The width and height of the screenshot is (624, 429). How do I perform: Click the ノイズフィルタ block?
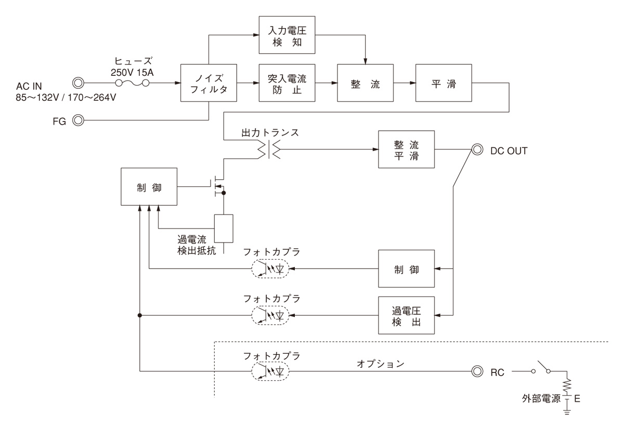tap(209, 83)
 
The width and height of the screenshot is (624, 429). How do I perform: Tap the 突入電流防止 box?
tap(288, 83)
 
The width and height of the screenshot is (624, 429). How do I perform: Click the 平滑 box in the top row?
tap(443, 83)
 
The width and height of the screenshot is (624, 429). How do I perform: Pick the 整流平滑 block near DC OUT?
tap(406, 150)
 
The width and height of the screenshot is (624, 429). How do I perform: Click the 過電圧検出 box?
tap(406, 315)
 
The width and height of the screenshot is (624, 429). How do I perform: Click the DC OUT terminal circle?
tap(476, 150)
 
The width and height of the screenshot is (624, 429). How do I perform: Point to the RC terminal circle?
tap(476, 372)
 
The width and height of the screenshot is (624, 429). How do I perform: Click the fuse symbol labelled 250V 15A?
tap(132, 83)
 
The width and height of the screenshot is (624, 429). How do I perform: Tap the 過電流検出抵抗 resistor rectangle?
tap(224, 228)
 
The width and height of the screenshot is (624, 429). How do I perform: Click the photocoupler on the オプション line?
tap(271, 371)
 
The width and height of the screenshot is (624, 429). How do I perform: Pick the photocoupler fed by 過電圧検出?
tap(271, 315)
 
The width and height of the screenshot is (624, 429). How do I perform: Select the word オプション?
tap(380, 364)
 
